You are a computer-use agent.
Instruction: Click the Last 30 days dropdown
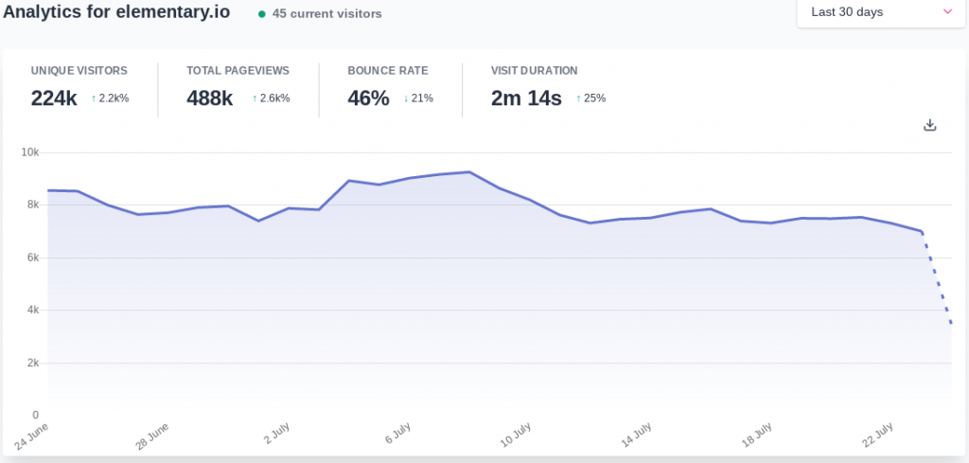pos(881,12)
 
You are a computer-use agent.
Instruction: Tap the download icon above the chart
pos(929,125)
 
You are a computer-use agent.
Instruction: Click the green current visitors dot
pos(262,14)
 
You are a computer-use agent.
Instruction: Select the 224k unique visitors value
pos(54,98)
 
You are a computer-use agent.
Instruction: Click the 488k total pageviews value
pos(209,98)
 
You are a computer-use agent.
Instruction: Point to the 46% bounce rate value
pos(368,98)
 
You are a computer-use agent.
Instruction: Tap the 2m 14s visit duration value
pos(526,98)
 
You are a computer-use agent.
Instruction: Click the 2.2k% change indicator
pos(111,98)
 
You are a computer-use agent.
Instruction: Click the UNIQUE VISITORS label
pos(79,71)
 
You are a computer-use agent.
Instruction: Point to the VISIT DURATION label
pos(534,71)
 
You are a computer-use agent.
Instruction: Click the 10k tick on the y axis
pos(30,151)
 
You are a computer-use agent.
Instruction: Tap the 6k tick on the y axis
pos(33,258)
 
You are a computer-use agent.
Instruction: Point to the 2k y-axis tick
pos(33,363)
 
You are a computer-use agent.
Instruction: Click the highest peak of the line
pos(469,172)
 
